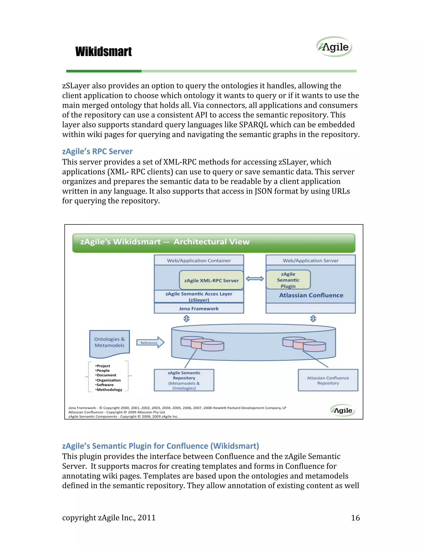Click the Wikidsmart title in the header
click(103, 52)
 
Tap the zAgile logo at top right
click(334, 47)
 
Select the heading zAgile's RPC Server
click(97, 151)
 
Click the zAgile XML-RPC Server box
click(211, 280)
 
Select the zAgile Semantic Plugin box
click(288, 280)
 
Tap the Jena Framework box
click(199, 309)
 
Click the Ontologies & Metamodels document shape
click(109, 342)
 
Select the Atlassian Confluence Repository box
click(328, 380)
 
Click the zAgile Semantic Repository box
click(184, 380)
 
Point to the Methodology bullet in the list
click(109, 390)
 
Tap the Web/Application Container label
click(199, 260)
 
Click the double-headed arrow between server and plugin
click(255, 279)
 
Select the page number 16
click(355, 518)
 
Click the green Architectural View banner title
click(165, 242)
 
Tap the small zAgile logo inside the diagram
click(343, 410)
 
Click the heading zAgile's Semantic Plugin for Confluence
click(161, 446)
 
